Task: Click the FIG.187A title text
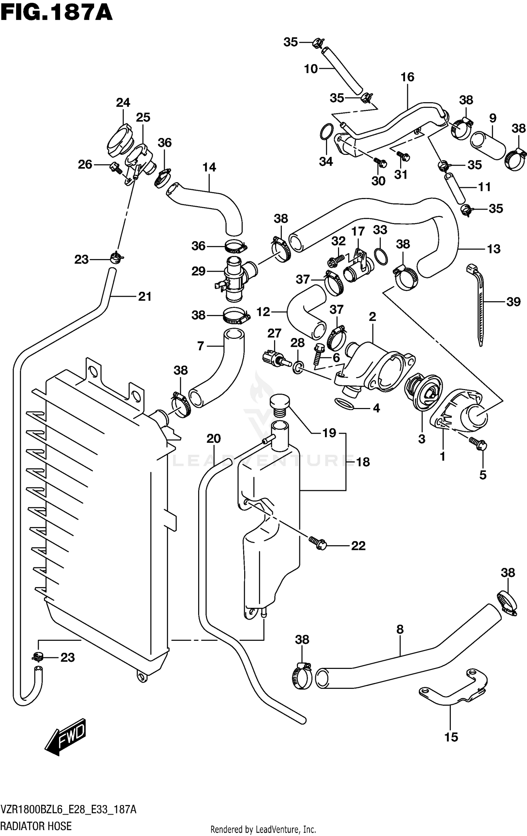coord(56,13)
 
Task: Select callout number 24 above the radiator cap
coord(123,103)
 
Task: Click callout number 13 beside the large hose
coord(494,249)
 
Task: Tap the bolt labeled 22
coord(318,544)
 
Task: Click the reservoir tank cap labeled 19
coord(279,404)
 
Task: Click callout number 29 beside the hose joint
coord(199,271)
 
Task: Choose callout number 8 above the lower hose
coord(400,630)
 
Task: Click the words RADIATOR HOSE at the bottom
coord(36,826)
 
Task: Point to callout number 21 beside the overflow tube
coord(145,297)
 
